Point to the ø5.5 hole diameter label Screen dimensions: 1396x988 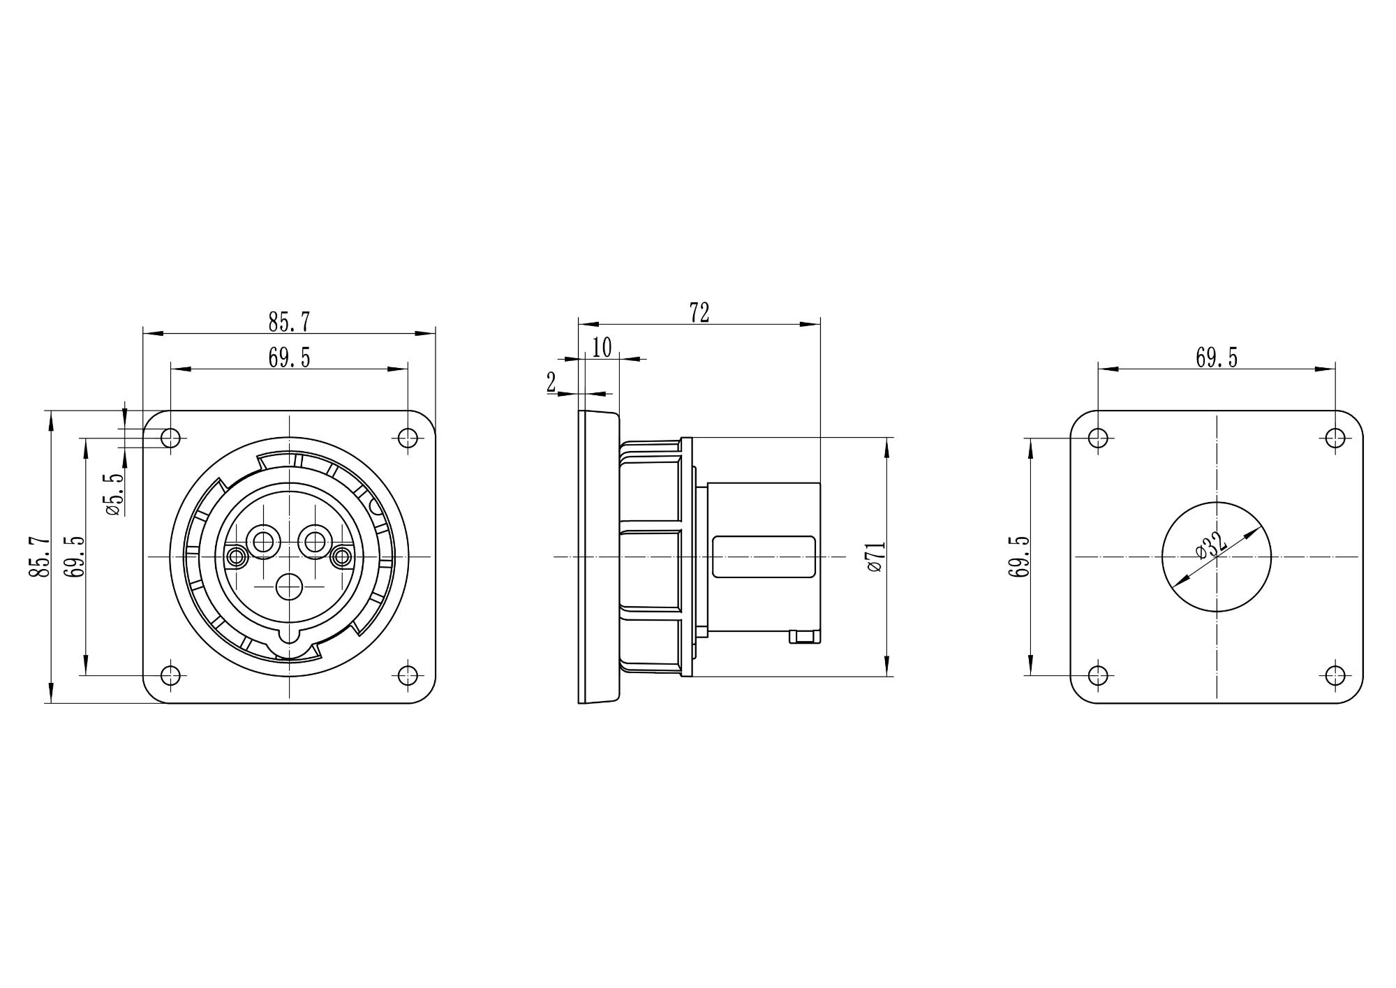(x=114, y=494)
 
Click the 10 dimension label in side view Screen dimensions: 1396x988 (x=602, y=347)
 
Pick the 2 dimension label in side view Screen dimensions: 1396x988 (x=551, y=383)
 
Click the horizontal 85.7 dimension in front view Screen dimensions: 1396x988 (x=289, y=322)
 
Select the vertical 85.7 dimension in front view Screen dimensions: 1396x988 (x=39, y=556)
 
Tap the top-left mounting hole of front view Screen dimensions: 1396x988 (x=170, y=438)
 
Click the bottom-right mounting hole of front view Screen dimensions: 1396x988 (x=408, y=675)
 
